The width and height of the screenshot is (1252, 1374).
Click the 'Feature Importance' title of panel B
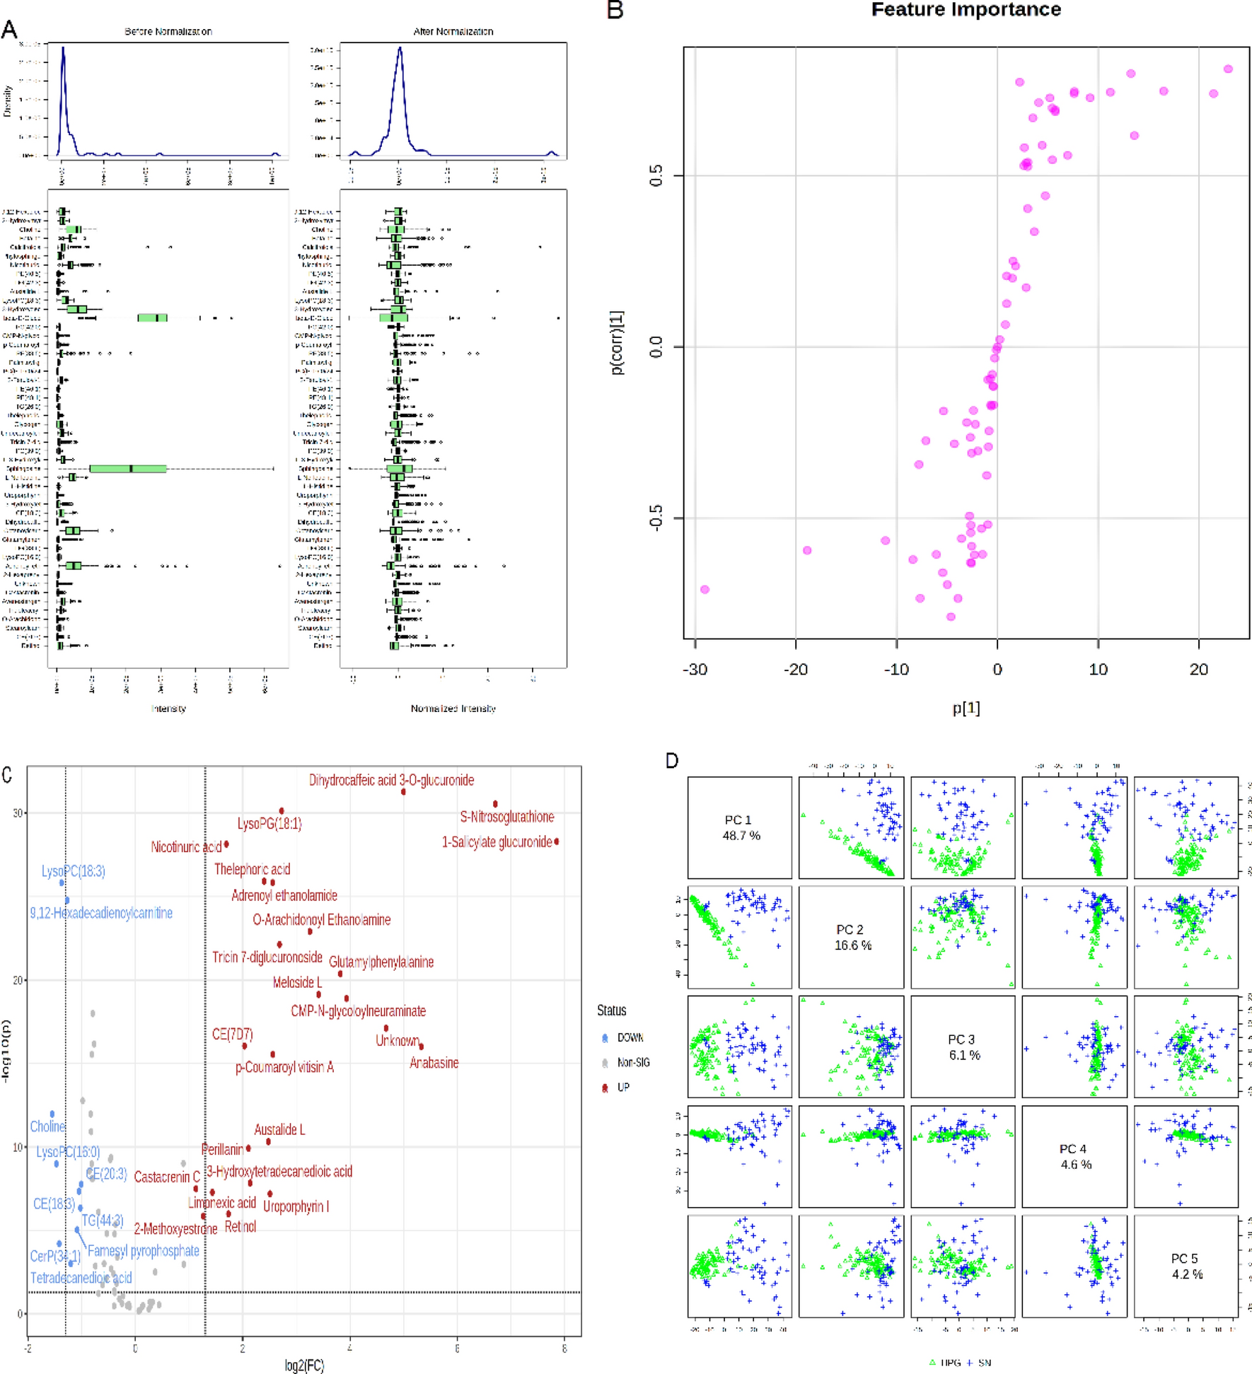click(966, 10)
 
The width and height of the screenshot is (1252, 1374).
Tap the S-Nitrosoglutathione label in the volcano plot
click(506, 817)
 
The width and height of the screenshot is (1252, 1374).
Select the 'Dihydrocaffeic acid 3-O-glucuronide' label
click(391, 780)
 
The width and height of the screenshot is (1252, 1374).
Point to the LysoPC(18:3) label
click(73, 871)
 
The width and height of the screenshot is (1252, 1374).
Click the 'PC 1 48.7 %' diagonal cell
click(740, 827)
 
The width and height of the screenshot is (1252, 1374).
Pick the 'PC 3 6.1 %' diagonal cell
click(963, 1047)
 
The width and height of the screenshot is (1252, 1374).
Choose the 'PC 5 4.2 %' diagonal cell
click(1186, 1266)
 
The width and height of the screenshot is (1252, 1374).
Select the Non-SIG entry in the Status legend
click(632, 1062)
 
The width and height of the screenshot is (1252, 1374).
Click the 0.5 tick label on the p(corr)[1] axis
click(656, 176)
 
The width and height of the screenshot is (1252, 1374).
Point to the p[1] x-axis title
click(966, 708)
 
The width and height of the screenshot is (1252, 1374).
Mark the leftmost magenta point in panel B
click(704, 589)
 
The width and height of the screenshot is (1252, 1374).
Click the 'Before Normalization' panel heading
click(168, 32)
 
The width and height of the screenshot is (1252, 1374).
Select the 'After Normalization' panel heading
click(453, 32)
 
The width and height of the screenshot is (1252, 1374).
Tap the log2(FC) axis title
click(304, 1366)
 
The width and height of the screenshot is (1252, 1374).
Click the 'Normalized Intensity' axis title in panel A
click(453, 709)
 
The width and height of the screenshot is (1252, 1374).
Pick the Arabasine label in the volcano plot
click(434, 1062)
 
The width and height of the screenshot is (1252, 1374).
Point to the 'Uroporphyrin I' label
click(296, 1206)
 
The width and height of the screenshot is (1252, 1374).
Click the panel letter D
click(672, 761)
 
